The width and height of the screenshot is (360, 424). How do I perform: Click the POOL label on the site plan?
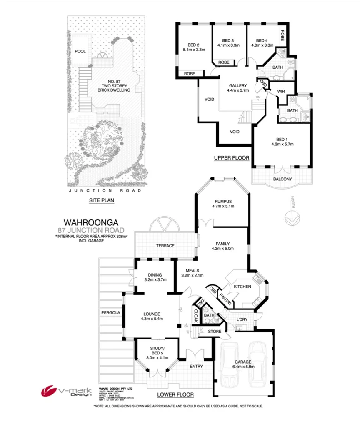pyautogui.click(x=80, y=51)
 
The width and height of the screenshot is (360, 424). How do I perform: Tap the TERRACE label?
pyautogui.click(x=165, y=246)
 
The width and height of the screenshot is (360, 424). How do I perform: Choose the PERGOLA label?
pyautogui.click(x=107, y=312)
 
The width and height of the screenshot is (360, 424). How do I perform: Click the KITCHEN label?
pyautogui.click(x=242, y=287)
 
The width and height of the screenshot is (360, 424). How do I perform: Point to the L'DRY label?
pyautogui.click(x=242, y=319)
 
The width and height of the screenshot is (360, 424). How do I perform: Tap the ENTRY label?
pyautogui.click(x=196, y=366)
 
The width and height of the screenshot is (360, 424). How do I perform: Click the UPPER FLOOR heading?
pyautogui.click(x=231, y=158)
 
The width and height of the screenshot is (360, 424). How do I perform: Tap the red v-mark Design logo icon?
pyautogui.click(x=49, y=391)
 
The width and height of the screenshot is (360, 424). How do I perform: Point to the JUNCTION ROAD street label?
pyautogui.click(x=105, y=190)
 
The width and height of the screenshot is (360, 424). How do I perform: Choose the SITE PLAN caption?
pyautogui.click(x=102, y=200)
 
